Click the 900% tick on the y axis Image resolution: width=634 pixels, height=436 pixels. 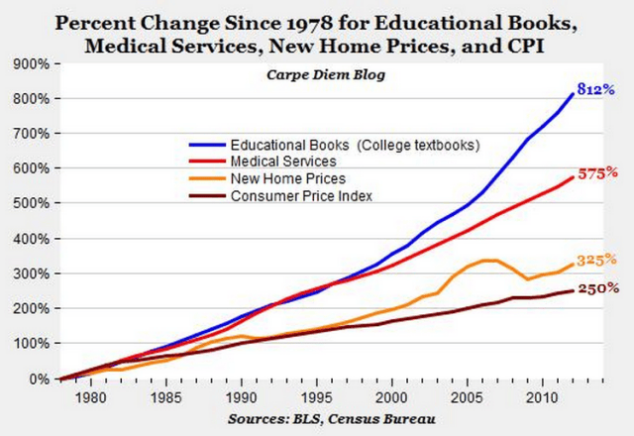(x=31, y=64)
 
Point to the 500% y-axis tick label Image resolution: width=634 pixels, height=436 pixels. (x=31, y=204)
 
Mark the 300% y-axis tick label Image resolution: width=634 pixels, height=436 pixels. (x=31, y=274)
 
